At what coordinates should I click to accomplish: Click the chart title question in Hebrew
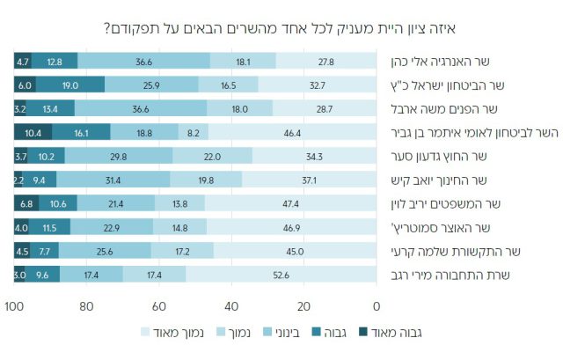(x=281, y=26)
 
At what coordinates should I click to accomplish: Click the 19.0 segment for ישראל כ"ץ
(x=70, y=84)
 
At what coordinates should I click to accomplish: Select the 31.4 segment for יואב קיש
(x=112, y=180)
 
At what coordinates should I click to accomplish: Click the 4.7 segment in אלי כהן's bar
(x=24, y=61)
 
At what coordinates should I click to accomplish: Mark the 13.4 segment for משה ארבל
(x=50, y=108)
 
